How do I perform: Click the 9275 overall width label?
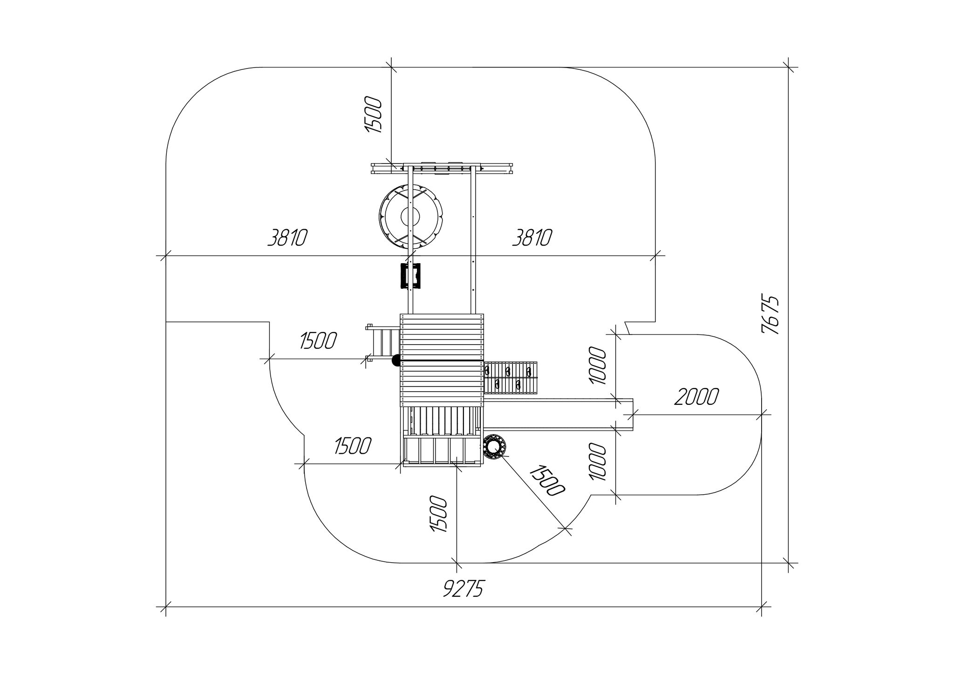point(463,589)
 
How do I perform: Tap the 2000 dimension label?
point(696,397)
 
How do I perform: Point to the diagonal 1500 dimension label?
point(547,480)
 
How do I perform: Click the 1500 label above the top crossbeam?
point(373,115)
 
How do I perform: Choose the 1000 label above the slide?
point(598,366)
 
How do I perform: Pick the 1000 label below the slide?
point(598,462)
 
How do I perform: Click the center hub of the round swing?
point(410,217)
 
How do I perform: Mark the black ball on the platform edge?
point(396,360)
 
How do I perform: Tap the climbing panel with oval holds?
point(511,378)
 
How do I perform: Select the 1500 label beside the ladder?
point(318,341)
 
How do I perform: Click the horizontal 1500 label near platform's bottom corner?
point(353,446)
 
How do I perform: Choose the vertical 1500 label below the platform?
point(439,514)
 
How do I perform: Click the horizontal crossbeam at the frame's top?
point(442,168)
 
